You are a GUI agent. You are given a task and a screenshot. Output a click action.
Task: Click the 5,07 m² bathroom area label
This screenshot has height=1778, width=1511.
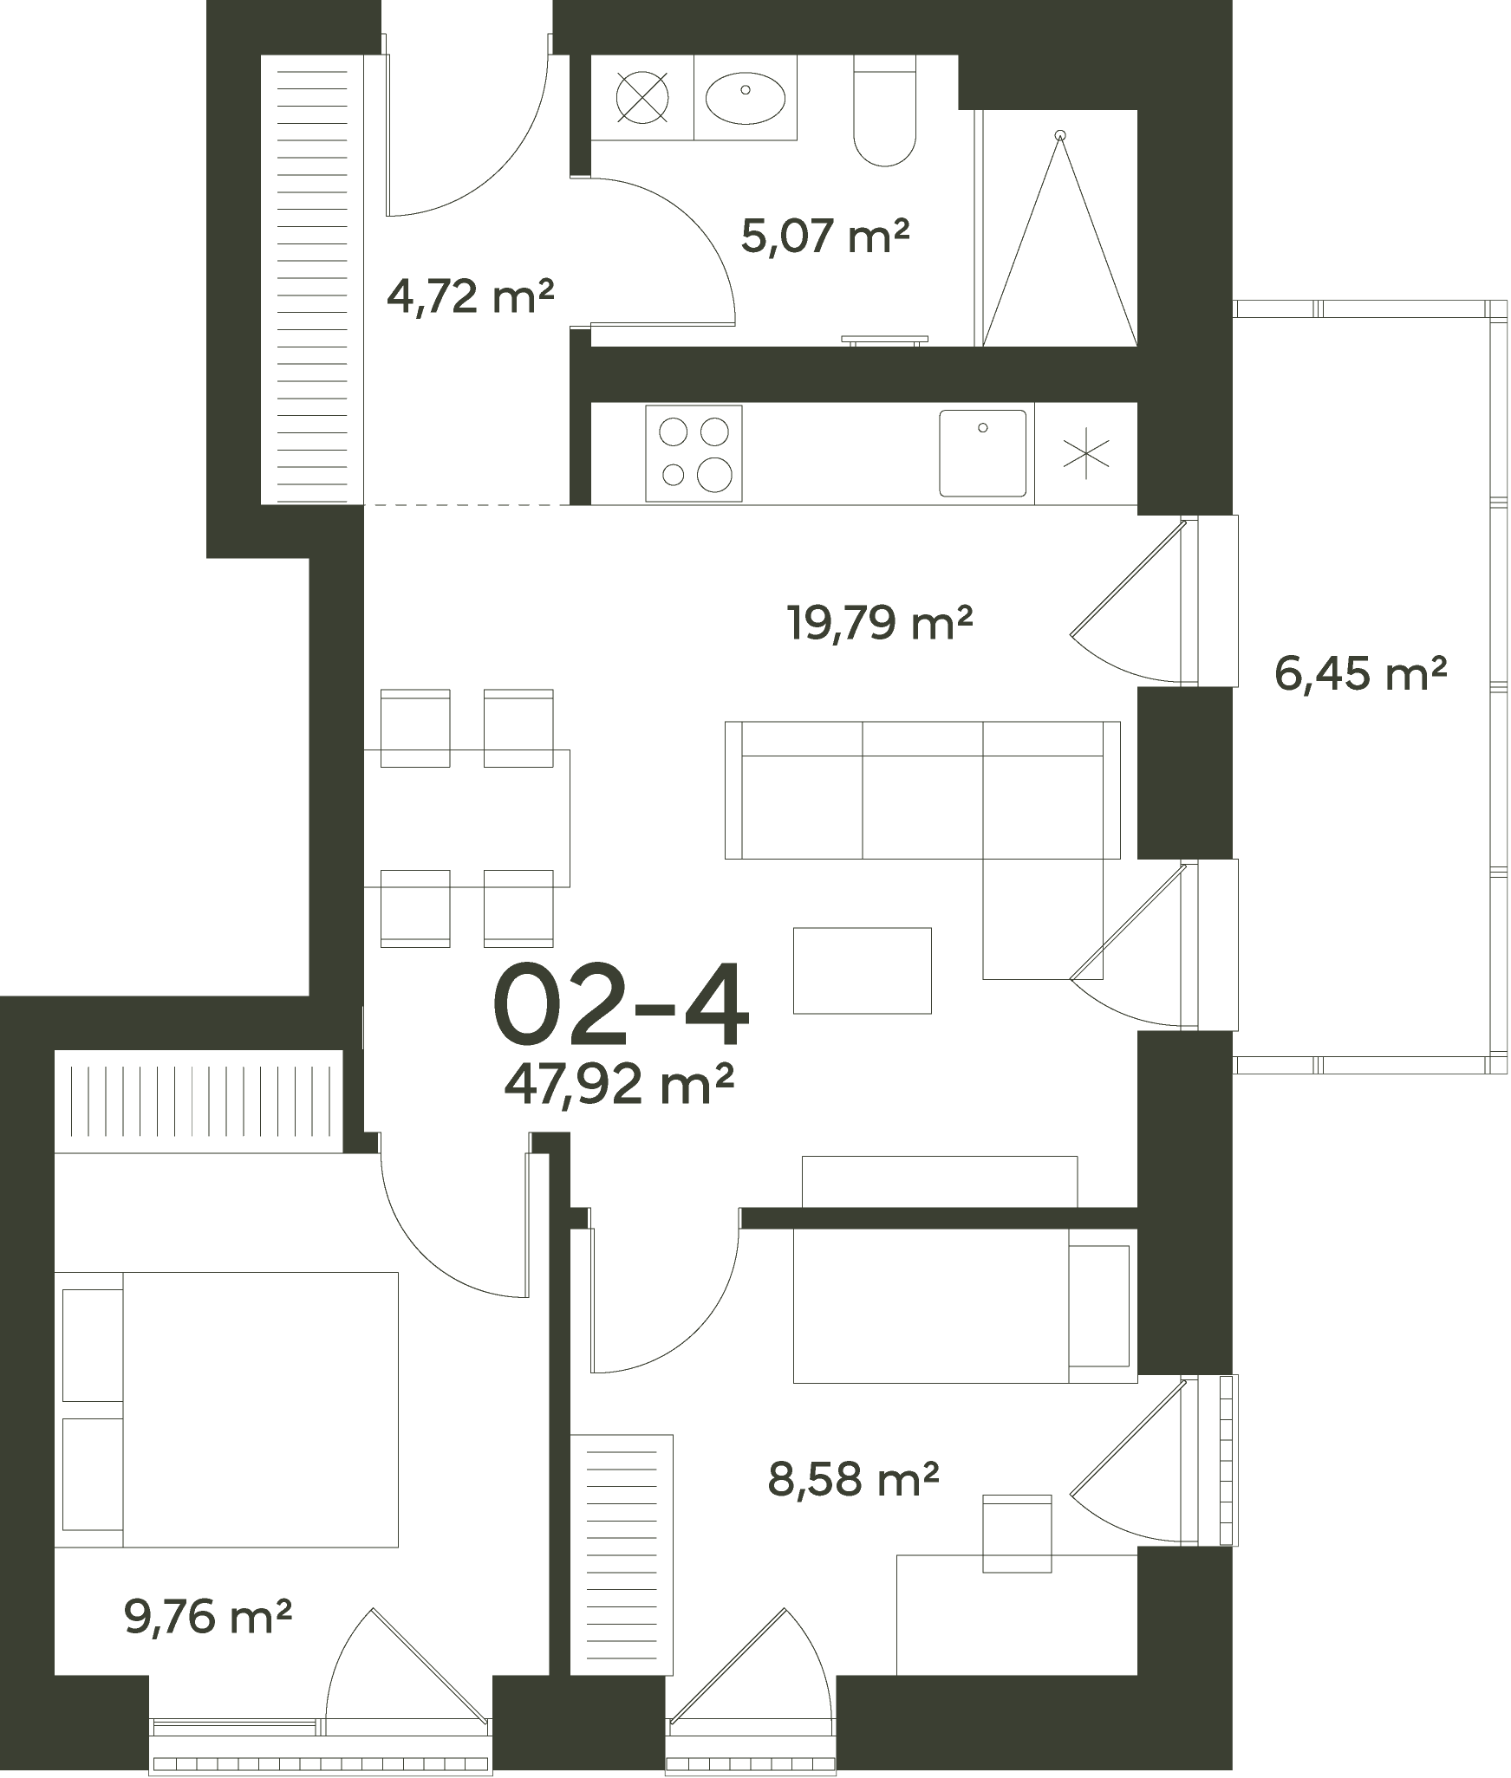point(825,237)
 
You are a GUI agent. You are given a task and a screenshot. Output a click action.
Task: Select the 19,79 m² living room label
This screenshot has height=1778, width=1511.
point(879,622)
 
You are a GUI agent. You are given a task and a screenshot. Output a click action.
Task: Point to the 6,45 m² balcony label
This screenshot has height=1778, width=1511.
point(1361,673)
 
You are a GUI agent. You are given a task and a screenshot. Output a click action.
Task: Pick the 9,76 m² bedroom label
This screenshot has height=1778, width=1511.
point(208,1616)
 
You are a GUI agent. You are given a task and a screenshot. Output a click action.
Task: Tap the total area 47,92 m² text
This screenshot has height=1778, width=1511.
point(620,1085)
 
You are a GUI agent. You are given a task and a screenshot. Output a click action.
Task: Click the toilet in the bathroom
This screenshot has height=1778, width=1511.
point(884,110)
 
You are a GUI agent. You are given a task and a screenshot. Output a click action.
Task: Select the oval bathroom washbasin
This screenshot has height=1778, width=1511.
point(746,96)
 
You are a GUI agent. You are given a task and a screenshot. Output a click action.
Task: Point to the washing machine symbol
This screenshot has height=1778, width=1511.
point(642,96)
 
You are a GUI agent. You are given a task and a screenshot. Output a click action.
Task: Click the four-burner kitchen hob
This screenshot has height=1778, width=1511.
point(694,453)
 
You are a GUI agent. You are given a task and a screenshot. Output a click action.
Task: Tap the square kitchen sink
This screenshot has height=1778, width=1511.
point(982,453)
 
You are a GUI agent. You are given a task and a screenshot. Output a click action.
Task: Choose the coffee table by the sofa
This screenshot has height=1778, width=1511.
point(863,970)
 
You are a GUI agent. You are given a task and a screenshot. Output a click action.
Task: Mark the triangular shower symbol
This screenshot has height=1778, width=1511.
point(1059,238)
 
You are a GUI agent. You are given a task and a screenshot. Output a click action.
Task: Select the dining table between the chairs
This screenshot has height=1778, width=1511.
point(466,818)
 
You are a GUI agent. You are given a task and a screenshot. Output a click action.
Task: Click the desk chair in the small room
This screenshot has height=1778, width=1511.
point(1017,1534)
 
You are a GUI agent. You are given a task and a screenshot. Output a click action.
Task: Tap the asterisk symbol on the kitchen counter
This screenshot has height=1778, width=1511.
point(1086,457)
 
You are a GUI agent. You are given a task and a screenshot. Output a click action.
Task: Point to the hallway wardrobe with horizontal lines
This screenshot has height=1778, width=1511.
point(312,279)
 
